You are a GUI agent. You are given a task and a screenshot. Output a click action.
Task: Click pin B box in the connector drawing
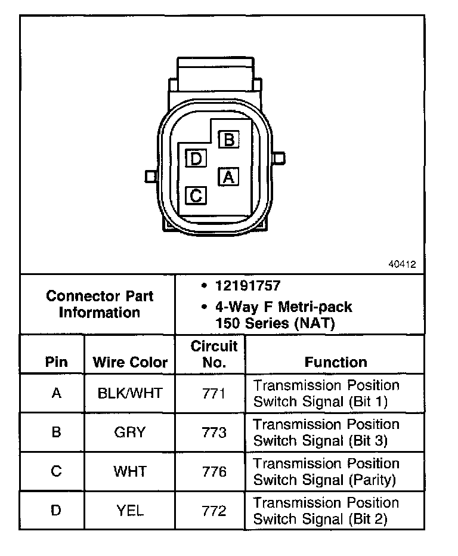point(228,140)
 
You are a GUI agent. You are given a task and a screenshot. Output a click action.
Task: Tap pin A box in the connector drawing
point(228,177)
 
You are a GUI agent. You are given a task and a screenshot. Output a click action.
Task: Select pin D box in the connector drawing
point(196,159)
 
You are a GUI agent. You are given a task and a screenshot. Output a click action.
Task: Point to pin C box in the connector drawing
point(196,195)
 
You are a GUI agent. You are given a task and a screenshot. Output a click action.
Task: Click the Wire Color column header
point(130,362)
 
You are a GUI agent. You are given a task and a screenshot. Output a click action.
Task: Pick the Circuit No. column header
point(213,354)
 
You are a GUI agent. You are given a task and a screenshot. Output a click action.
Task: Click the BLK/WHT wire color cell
point(130,394)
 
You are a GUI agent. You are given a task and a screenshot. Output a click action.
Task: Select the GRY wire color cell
point(130,433)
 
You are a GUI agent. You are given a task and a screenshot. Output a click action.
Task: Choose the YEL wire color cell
point(130,511)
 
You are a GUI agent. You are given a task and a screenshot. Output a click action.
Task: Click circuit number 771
point(213,394)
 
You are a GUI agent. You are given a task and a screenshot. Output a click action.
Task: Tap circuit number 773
point(213,433)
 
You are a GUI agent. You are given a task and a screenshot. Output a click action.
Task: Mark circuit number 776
point(213,472)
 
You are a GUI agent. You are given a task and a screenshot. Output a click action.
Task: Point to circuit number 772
point(213,511)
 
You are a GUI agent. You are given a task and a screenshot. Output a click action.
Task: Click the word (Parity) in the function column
point(372,480)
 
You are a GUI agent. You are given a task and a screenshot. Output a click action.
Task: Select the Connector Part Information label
point(100,304)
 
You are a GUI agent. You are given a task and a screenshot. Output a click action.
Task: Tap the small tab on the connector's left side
point(150,176)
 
